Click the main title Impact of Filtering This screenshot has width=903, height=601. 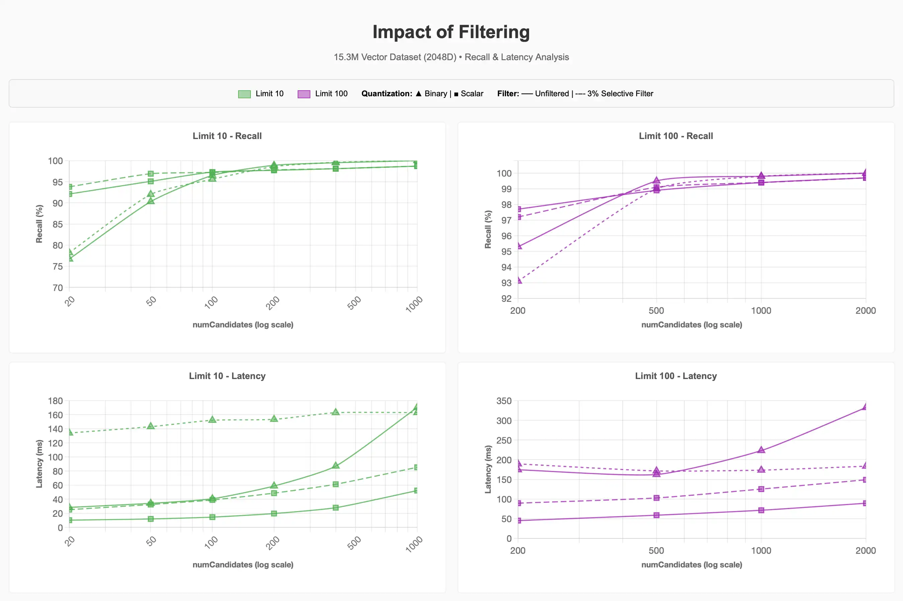pyautogui.click(x=451, y=32)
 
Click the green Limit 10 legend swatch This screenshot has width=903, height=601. pyautogui.click(x=244, y=94)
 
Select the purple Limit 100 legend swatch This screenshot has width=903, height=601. pyautogui.click(x=304, y=94)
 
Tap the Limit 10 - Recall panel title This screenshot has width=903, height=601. pyautogui.click(x=227, y=136)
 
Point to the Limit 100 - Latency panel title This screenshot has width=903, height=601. pyautogui.click(x=676, y=376)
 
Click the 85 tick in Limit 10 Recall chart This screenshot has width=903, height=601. pyautogui.click(x=58, y=224)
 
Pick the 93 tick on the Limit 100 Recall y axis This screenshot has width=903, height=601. pyautogui.click(x=506, y=283)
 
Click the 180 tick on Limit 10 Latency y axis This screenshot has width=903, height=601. pyautogui.click(x=55, y=401)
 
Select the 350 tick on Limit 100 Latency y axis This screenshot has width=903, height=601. pyautogui.click(x=504, y=401)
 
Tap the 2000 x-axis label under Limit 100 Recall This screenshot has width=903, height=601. pyautogui.click(x=866, y=311)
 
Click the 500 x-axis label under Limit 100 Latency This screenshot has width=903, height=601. pyautogui.click(x=656, y=551)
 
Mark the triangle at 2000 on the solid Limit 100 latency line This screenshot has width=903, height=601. pyautogui.click(x=865, y=407)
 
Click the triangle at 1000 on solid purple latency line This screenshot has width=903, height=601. pyautogui.click(x=761, y=450)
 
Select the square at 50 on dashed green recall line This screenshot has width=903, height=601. pyautogui.click(x=151, y=173)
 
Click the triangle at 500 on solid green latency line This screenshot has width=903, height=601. pyautogui.click(x=335, y=465)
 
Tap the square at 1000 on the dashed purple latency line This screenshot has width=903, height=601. pyautogui.click(x=761, y=489)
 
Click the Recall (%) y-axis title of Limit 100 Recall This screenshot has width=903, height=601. pyautogui.click(x=488, y=229)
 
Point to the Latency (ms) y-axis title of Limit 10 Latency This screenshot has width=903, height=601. pyautogui.click(x=39, y=464)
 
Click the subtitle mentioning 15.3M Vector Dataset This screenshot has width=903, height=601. pyautogui.click(x=451, y=57)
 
